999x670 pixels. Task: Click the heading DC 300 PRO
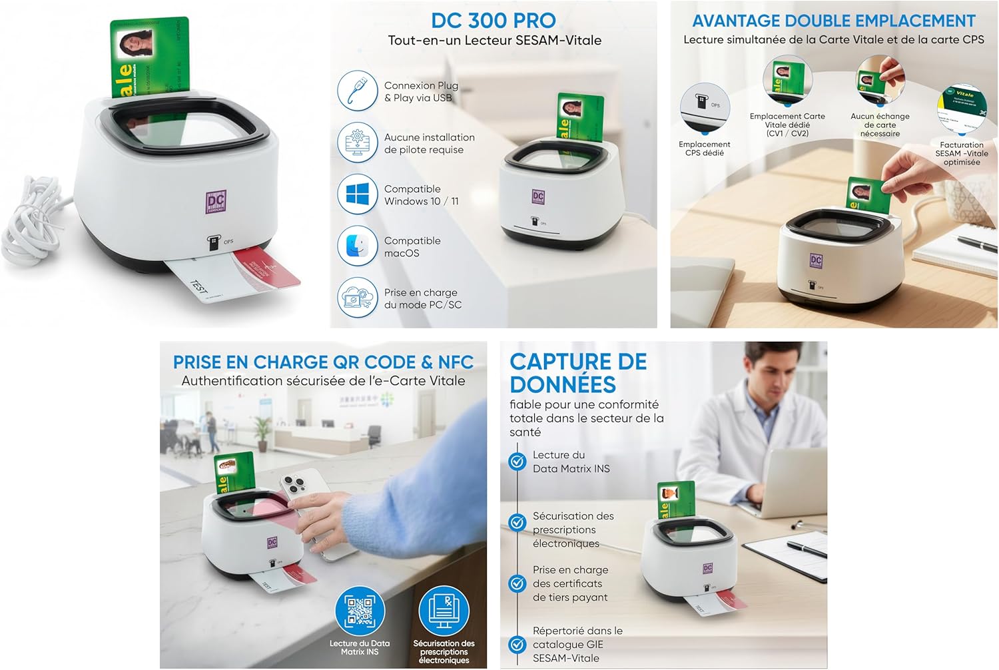[494, 20]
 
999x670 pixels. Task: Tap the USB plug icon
[358, 91]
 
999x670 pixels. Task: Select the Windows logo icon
[358, 194]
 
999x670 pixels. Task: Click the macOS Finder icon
[358, 246]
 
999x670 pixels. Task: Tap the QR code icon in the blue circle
[360, 609]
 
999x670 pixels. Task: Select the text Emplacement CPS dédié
[705, 149]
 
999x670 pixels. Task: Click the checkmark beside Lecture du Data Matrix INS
[517, 462]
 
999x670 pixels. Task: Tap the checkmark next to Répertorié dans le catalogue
[517, 644]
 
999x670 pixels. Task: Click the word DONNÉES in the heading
[563, 384]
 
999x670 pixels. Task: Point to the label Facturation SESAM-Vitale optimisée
[962, 153]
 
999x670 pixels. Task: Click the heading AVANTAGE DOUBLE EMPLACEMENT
[834, 21]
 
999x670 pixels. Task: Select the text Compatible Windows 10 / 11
[421, 195]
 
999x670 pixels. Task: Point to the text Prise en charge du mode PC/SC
[422, 298]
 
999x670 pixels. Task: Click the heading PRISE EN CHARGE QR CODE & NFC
[323, 362]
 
